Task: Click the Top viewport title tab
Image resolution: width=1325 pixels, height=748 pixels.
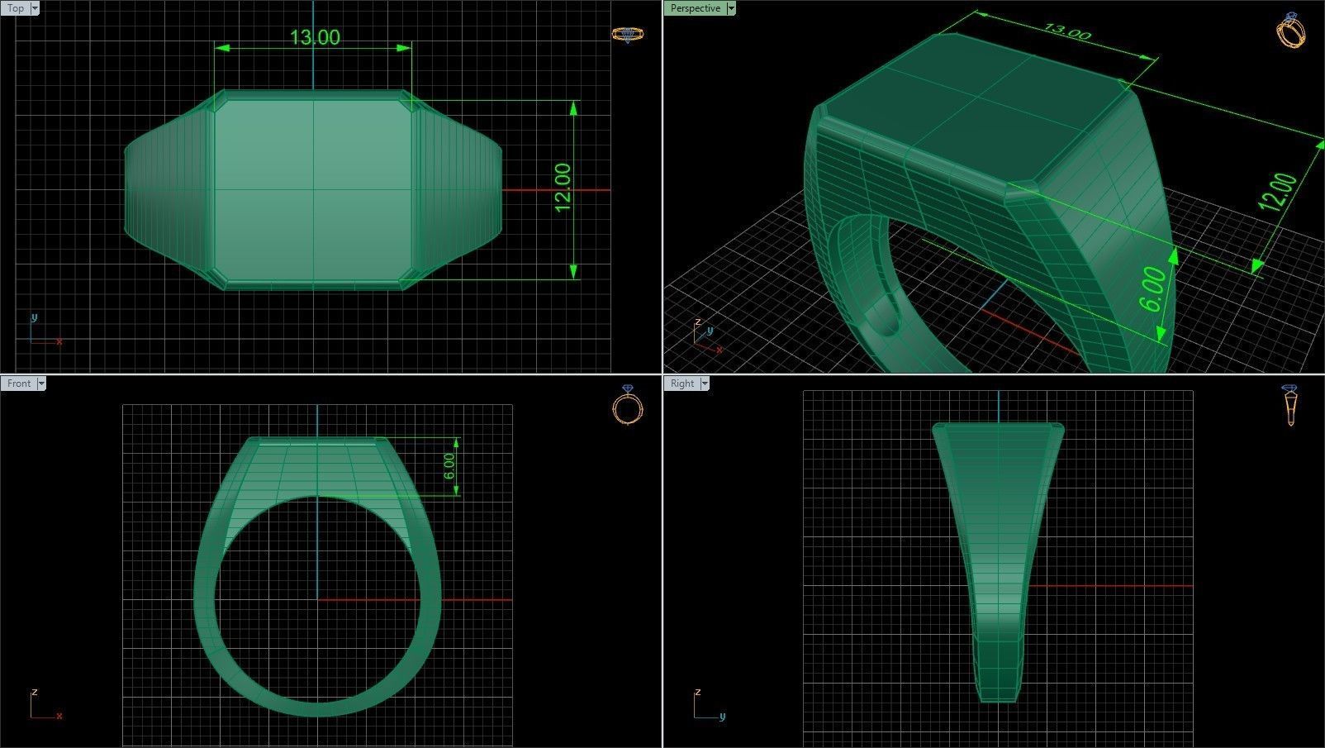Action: tap(15, 8)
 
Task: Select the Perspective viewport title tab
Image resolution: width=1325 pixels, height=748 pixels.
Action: tap(695, 8)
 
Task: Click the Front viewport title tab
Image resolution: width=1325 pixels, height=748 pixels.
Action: tap(18, 384)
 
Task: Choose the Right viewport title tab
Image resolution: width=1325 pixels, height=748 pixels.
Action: tap(682, 384)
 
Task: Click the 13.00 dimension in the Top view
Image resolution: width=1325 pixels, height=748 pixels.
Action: tap(315, 37)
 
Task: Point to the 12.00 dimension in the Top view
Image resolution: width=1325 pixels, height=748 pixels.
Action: tap(563, 188)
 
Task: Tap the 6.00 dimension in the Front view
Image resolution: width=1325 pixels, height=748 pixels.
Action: tap(449, 466)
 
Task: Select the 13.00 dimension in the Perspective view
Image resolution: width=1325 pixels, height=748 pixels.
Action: tap(1067, 32)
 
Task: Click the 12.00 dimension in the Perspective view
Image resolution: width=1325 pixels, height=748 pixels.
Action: tap(1279, 193)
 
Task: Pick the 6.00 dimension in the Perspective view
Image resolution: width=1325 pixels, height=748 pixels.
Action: tap(1154, 290)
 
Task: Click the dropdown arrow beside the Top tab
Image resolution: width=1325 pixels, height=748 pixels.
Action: tap(35, 8)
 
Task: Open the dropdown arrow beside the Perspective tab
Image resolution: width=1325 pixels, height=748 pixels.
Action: tap(731, 8)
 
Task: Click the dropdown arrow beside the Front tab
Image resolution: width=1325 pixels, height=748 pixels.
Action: tap(41, 384)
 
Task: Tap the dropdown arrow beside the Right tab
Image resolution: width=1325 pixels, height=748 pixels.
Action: tap(705, 384)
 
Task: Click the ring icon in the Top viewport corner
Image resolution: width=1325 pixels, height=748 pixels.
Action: tap(627, 34)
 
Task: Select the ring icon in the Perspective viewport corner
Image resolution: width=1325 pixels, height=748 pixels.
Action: tap(1290, 31)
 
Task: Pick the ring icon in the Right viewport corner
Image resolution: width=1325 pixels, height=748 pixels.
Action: tap(1290, 404)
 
